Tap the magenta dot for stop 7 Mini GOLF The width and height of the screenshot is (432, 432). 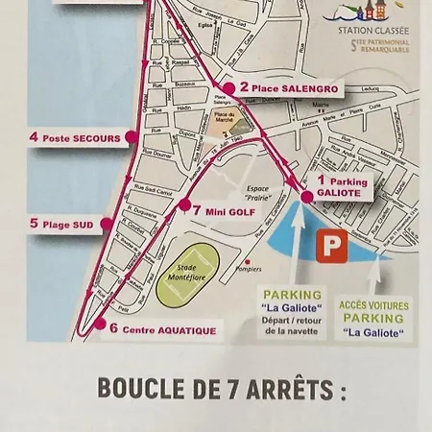(x=183, y=204)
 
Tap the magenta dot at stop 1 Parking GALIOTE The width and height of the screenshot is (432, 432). (x=307, y=196)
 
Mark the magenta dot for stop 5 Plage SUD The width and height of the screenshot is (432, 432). (x=106, y=224)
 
